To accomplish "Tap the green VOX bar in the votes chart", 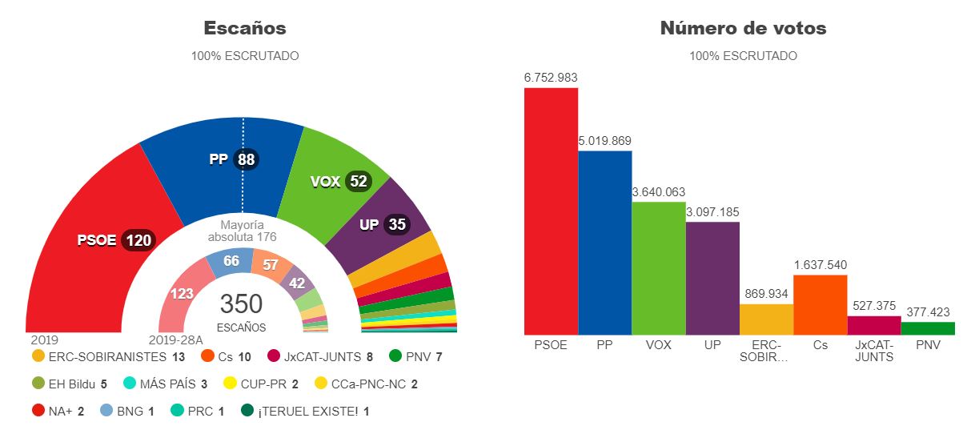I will tap(658, 267).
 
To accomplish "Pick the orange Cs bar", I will tap(820, 304).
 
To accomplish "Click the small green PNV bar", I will tap(928, 328).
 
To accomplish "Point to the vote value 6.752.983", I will tap(551, 78).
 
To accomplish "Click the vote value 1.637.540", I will tap(820, 265).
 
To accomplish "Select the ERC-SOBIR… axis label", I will tap(766, 351).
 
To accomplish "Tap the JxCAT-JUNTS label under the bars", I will tap(873, 351).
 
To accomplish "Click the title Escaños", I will tap(245, 28).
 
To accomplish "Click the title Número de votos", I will tap(743, 28).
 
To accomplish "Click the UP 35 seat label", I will tap(384, 224).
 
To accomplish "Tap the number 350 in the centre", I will tap(241, 304).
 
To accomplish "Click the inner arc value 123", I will tap(183, 293).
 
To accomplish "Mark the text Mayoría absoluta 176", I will tap(241, 231).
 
